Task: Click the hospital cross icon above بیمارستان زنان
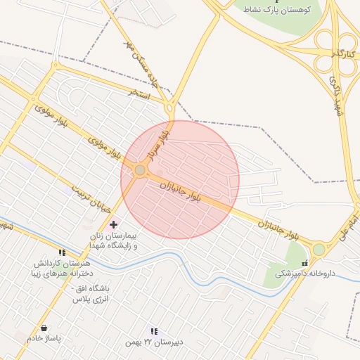tap(113, 224)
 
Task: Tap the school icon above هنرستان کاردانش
tap(62, 252)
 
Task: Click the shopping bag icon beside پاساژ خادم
tap(44, 328)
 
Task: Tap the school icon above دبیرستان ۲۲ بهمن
tap(154, 331)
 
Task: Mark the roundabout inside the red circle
tap(141, 170)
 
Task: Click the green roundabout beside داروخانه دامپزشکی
tap(319, 250)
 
